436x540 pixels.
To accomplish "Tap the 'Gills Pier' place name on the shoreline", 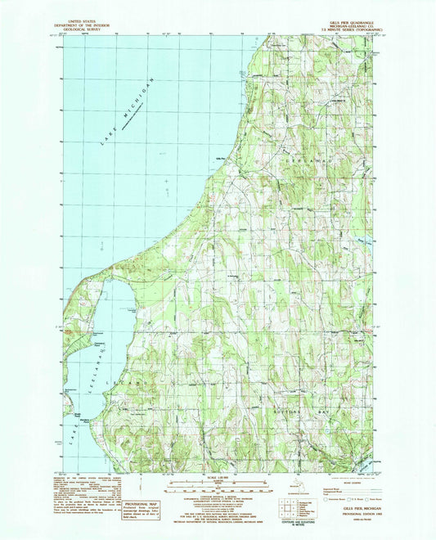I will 220,158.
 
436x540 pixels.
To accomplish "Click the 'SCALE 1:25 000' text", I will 218,477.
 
